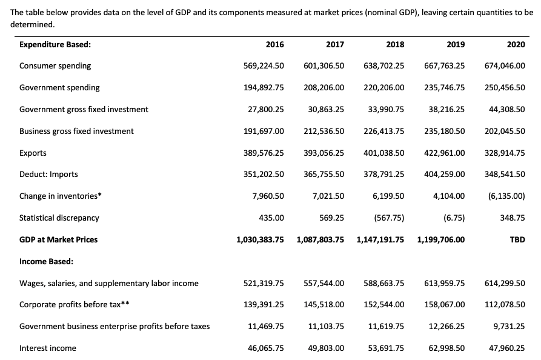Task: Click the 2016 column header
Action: point(274,44)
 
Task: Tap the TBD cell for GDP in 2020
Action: point(517,239)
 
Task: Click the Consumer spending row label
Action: point(55,65)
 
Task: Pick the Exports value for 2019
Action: point(445,153)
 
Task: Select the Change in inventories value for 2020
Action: point(506,196)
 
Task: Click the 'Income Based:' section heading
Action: point(47,261)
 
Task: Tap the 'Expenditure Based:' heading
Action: point(55,44)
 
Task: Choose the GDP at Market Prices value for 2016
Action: point(260,239)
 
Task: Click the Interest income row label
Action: point(48,348)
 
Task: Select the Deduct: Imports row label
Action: point(48,174)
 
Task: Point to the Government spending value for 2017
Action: point(324,87)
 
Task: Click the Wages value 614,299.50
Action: point(505,283)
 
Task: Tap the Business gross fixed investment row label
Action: point(76,131)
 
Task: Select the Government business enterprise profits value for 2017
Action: point(326,326)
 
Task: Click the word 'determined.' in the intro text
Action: point(33,25)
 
